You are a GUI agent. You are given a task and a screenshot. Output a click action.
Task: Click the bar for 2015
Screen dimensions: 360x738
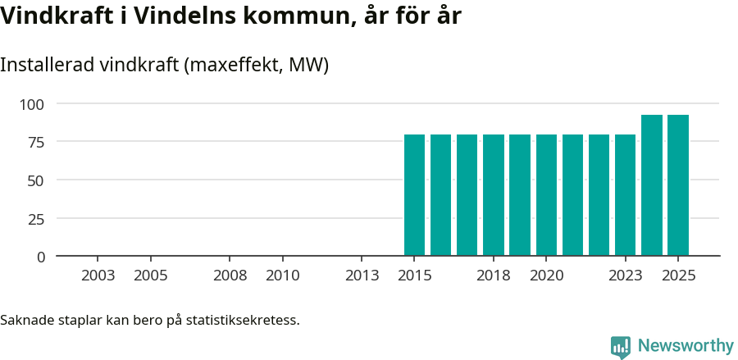[414, 195]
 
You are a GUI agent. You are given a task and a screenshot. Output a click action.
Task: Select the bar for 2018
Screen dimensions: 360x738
[494, 195]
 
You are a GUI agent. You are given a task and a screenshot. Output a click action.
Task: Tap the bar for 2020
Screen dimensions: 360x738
[546, 195]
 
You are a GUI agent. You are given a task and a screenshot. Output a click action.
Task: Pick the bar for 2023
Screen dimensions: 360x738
[625, 195]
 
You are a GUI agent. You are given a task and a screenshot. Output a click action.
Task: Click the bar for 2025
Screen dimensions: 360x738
[678, 185]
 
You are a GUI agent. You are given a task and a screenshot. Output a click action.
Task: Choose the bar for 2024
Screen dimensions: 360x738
[652, 185]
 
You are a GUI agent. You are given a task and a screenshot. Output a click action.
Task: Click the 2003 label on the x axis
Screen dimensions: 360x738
[98, 276]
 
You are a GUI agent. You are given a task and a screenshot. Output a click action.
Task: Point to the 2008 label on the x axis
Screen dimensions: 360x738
[230, 276]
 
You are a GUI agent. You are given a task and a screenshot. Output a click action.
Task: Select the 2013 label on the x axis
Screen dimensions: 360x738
[362, 276]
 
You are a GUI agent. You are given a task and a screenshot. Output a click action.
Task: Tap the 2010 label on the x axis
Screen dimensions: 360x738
[283, 276]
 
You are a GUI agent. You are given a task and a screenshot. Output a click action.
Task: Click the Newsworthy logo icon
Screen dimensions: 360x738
[621, 347]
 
